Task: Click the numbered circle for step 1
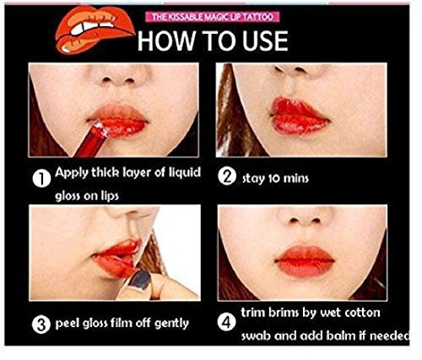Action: pos(41,179)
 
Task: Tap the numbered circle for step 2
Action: pos(227,177)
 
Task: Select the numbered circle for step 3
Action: pos(41,325)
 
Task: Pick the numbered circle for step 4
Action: pos(227,322)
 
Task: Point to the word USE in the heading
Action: pos(265,41)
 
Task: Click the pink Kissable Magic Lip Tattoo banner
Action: pos(214,17)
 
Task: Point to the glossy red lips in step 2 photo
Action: pos(300,116)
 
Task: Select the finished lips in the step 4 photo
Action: pos(305,261)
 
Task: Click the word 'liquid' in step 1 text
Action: pos(185,172)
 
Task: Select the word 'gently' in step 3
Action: pos(171,324)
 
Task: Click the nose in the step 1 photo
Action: pos(118,77)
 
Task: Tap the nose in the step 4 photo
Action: pos(303,217)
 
